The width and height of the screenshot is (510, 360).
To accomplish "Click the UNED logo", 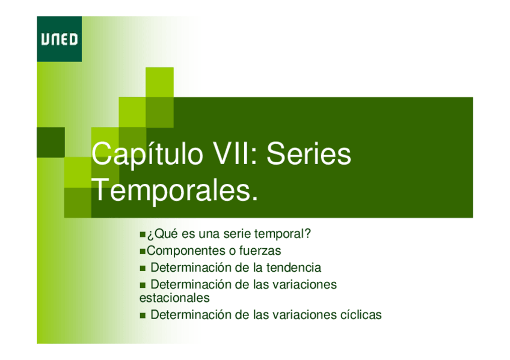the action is point(59,39).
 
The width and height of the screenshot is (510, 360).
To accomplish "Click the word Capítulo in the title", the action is point(147,154).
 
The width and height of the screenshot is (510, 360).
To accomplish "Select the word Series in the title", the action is point(309,153).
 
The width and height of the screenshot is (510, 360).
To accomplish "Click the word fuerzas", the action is point(260,251).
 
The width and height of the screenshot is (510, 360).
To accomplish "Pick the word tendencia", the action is point(293,267).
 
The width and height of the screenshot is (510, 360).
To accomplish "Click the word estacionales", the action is point(174,297).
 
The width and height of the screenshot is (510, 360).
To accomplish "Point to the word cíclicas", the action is point(361,314).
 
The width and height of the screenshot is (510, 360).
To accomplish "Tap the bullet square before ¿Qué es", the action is point(143,234).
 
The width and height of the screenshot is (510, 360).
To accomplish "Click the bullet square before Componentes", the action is point(143,251).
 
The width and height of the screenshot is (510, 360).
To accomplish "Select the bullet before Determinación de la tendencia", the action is point(143,269).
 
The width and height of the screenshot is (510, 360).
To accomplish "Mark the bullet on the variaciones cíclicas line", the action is point(143,316).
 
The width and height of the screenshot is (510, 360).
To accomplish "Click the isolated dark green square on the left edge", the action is point(51,142).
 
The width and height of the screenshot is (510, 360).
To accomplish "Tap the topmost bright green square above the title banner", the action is point(159,82).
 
